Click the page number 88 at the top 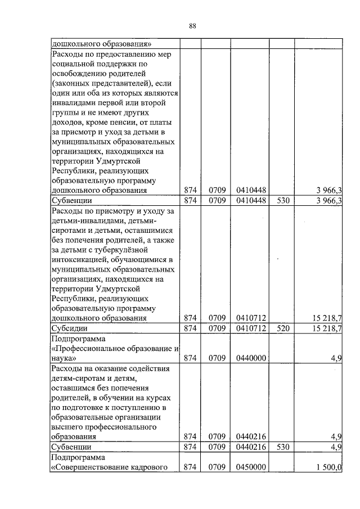(192, 26)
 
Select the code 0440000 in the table (251, 358)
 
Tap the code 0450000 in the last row (251, 467)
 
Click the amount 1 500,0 (329, 467)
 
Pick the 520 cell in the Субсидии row (282, 328)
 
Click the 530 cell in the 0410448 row (282, 201)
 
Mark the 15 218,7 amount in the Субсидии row (327, 328)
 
